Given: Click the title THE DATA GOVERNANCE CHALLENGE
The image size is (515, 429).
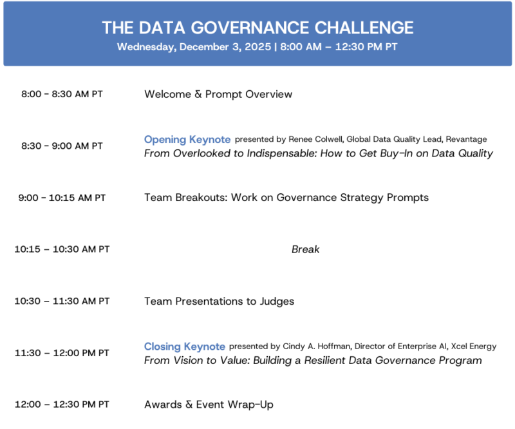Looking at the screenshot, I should pyautogui.click(x=257, y=28).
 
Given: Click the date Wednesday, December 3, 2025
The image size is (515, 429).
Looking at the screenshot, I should pyautogui.click(x=194, y=47).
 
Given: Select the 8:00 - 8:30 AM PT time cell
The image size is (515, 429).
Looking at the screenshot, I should pyautogui.click(x=62, y=94).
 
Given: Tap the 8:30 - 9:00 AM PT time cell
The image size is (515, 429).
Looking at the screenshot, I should pyautogui.click(x=62, y=146).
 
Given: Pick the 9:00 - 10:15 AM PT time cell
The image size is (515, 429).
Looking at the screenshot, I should pyautogui.click(x=62, y=198).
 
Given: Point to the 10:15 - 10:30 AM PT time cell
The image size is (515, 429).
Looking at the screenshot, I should pyautogui.click(x=62, y=249).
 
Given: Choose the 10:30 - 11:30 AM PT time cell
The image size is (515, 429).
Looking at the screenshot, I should pyautogui.click(x=62, y=301).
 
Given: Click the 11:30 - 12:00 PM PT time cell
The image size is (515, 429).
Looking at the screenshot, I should pyautogui.click(x=62, y=353).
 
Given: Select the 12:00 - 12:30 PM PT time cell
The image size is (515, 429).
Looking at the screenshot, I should pyautogui.click(x=62, y=405).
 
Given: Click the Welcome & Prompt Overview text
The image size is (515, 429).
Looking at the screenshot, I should pyautogui.click(x=218, y=94).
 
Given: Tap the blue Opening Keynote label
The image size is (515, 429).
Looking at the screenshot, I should pyautogui.click(x=187, y=139).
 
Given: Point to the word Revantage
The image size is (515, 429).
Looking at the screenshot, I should pyautogui.click(x=466, y=139).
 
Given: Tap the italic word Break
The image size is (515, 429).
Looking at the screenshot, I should pyautogui.click(x=305, y=249).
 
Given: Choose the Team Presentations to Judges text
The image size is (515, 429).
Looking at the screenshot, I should pyautogui.click(x=219, y=301).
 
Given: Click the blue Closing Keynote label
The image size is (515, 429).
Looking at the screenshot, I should pyautogui.click(x=184, y=346).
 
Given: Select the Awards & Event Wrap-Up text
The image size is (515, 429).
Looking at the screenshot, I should pyautogui.click(x=209, y=405).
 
